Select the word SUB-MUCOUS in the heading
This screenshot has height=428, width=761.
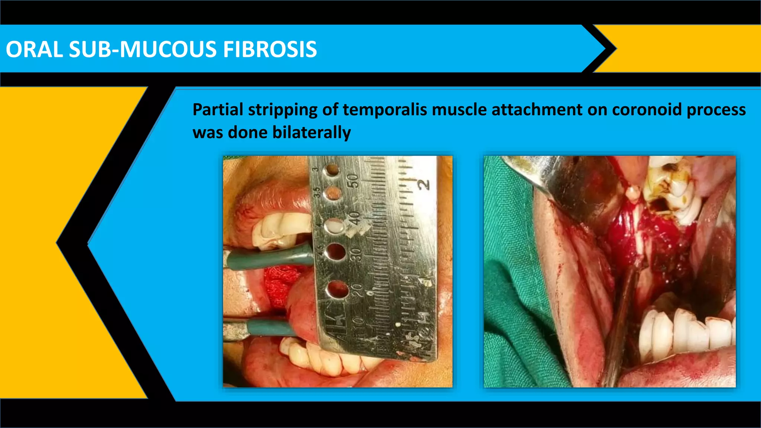click(143, 49)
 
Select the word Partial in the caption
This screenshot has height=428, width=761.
click(218, 110)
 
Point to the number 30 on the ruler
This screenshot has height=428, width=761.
click(356, 254)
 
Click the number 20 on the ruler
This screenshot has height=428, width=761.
click(357, 290)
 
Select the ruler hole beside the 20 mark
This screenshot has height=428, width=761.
click(337, 290)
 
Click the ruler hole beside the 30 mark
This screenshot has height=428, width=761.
click(335, 252)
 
